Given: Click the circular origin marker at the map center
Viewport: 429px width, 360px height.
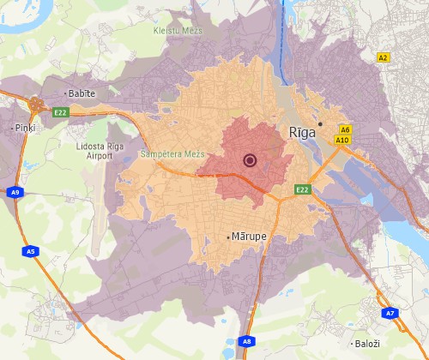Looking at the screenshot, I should coord(250,159).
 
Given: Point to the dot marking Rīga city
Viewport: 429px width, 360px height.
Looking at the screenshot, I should coord(319,123).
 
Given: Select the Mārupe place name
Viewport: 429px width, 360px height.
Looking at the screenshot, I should coord(249,236).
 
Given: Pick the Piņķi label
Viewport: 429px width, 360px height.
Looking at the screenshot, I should coord(23,127).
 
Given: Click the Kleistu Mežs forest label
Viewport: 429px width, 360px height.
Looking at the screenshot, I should coord(172,29).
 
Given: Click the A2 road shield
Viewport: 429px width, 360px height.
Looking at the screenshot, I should coord(384,57).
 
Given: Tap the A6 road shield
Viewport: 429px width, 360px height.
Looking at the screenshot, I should coord(345,129).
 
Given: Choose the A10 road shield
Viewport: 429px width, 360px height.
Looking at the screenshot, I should coord(343,139).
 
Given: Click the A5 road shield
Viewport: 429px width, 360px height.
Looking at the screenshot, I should coord(31,251).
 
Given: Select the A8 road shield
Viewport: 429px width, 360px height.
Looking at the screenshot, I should coord(246,340).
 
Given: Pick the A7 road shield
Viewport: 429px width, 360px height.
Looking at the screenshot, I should coord(390,314).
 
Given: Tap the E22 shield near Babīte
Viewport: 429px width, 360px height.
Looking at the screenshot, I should coord(60,112).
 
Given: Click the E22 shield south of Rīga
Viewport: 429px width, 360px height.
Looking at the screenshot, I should coord(302,189).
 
